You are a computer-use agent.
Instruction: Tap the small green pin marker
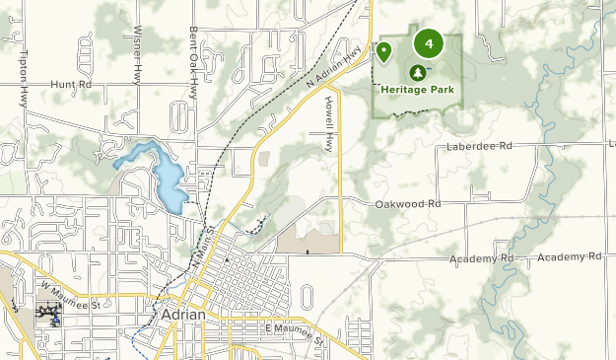(x=384, y=51)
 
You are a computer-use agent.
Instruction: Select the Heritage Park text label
(x=416, y=87)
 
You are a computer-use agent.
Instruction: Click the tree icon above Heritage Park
(x=417, y=72)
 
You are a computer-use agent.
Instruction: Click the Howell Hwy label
(x=329, y=128)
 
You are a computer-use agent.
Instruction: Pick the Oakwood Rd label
(x=407, y=204)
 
